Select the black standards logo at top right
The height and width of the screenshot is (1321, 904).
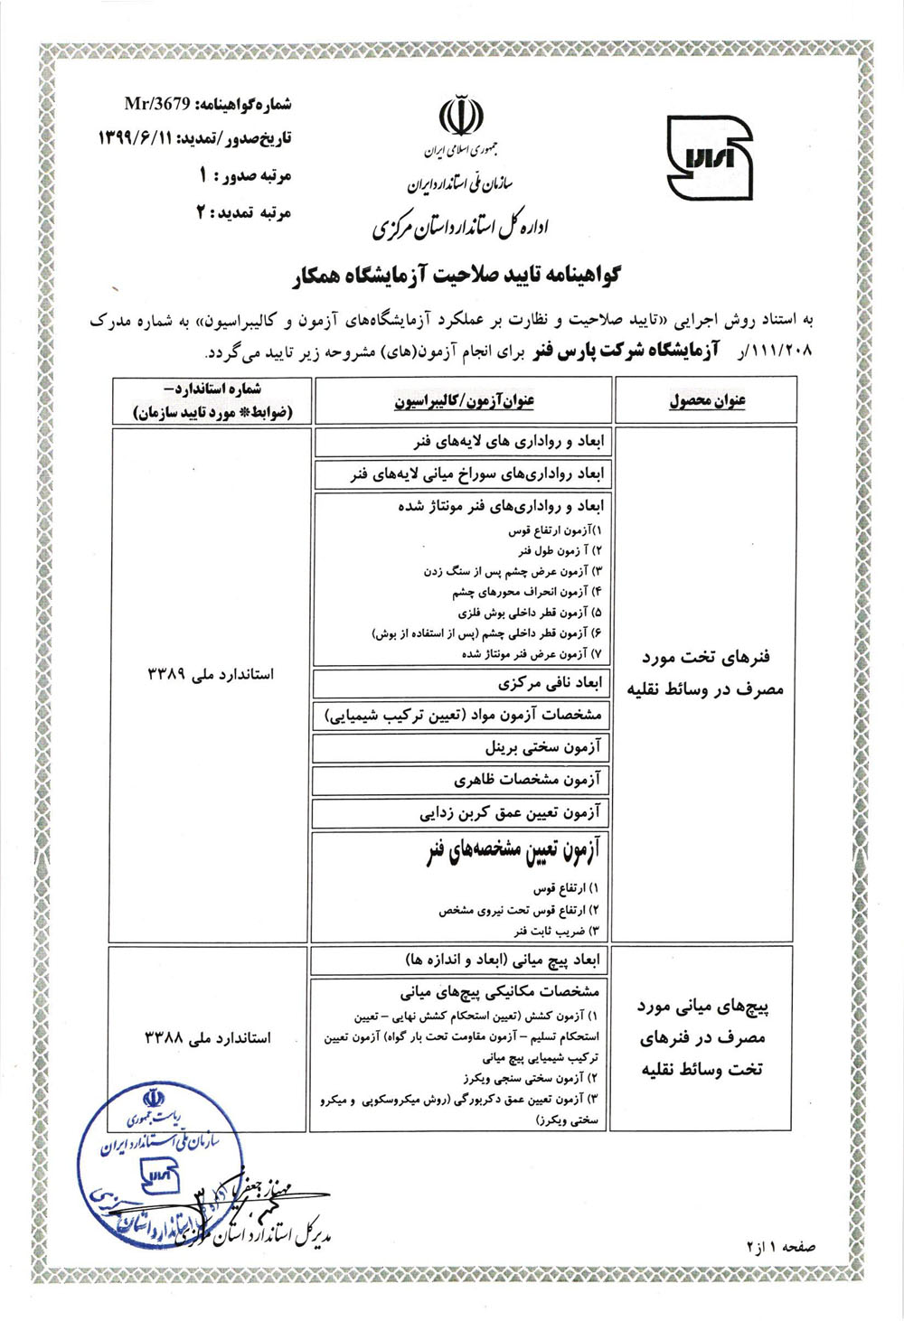(709, 157)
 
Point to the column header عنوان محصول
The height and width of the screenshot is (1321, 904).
(707, 400)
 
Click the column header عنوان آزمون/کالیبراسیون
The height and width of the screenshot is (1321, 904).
(463, 400)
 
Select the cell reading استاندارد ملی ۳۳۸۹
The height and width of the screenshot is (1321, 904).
(210, 674)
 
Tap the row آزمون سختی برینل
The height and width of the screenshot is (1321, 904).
(541, 747)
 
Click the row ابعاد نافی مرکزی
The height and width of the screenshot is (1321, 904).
(549, 683)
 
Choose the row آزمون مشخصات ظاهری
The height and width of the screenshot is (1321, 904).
(527, 779)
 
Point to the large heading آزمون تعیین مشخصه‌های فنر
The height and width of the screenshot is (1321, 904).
(513, 852)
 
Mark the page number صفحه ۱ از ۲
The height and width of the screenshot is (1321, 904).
(781, 1246)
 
